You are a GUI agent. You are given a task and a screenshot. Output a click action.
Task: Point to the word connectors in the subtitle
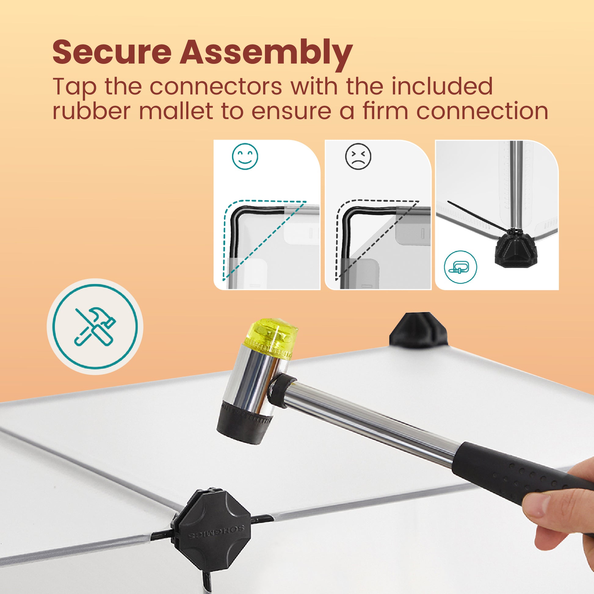pos(216,87)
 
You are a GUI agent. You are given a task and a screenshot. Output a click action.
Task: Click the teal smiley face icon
pos(245,157)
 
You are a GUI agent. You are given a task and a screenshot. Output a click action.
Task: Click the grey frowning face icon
pos(358,157)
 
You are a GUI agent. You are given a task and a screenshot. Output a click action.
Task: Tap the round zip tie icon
pos(461,267)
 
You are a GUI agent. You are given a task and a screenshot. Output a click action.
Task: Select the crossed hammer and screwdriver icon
pos(95,327)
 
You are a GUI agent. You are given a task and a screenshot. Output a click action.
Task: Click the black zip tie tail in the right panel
pos(478,216)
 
